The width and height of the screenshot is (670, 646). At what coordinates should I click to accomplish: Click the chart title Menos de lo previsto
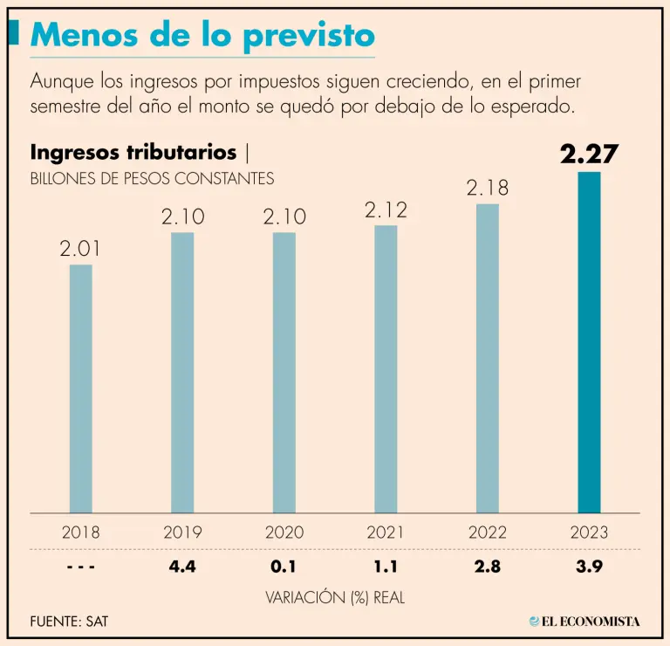point(203,35)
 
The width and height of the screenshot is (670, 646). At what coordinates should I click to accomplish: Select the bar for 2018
point(80,388)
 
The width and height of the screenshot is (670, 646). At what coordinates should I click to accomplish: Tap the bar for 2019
point(182,373)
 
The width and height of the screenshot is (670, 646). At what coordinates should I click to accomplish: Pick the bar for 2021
point(386,369)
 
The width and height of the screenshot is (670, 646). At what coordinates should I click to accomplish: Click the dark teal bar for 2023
point(590,342)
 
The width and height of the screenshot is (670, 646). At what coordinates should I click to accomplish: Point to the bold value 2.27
point(590,155)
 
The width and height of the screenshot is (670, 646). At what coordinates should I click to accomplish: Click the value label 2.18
point(488,187)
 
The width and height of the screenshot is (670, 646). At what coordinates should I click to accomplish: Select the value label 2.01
point(80,248)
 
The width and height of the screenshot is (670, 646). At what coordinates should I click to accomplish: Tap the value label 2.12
point(386,210)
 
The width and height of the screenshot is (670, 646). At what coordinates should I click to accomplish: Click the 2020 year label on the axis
point(284,532)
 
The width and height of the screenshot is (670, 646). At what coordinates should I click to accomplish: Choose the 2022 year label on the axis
point(488,532)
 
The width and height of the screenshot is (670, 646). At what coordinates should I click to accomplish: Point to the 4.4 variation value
point(182,567)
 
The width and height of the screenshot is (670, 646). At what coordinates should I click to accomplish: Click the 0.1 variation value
point(284,567)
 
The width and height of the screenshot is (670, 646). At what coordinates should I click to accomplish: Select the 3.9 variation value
point(590,567)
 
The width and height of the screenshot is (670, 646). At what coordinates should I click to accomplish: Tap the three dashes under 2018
point(80,567)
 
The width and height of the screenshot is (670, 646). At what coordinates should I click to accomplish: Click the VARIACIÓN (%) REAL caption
point(335,597)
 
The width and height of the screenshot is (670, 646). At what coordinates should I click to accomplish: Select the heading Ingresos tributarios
point(133,152)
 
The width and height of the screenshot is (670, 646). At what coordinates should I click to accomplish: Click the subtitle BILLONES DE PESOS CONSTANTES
point(152,179)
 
